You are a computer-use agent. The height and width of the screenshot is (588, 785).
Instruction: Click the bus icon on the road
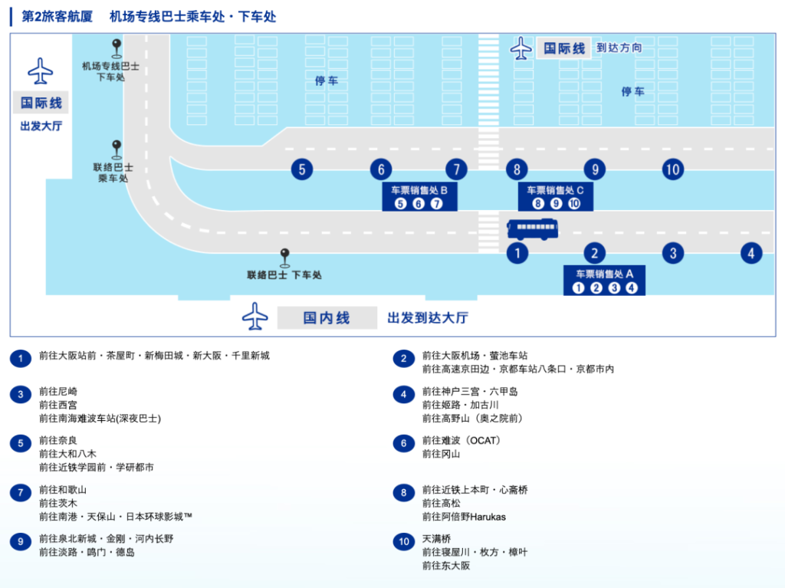click(x=532, y=229)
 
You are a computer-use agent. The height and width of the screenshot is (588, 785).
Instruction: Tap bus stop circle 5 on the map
click(x=302, y=169)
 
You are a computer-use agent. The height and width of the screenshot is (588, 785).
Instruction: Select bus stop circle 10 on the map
click(x=673, y=169)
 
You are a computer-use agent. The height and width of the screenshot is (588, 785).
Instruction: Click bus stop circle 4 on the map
click(x=751, y=254)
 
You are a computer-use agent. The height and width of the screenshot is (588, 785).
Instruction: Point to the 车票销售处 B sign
click(x=419, y=196)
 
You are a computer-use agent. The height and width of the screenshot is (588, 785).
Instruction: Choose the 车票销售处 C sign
click(x=555, y=196)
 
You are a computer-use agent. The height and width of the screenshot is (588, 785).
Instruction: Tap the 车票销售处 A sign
click(x=604, y=280)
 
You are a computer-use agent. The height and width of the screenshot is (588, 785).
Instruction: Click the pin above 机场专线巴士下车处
click(x=117, y=48)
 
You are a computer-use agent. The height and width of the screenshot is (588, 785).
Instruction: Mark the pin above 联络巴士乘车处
click(x=117, y=149)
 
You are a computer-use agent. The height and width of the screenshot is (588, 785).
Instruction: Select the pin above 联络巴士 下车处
click(x=285, y=258)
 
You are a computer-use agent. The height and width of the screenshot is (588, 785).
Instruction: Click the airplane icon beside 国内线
click(x=255, y=316)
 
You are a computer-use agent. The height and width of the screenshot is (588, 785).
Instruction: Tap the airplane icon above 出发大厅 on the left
click(x=40, y=71)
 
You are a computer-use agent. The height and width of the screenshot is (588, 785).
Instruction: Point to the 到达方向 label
click(x=619, y=48)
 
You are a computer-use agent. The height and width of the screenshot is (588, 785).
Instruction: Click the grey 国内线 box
click(x=327, y=317)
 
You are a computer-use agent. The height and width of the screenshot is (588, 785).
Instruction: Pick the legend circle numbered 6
click(x=403, y=443)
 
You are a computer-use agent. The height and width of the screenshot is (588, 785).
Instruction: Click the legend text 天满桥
click(x=436, y=539)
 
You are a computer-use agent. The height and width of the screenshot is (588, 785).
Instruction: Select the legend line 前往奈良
click(x=58, y=440)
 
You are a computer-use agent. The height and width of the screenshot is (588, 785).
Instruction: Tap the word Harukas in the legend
click(x=488, y=517)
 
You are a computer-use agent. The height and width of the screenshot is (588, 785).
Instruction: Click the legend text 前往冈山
click(x=441, y=454)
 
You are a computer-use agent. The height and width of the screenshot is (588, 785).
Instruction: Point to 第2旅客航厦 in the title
click(x=57, y=17)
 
